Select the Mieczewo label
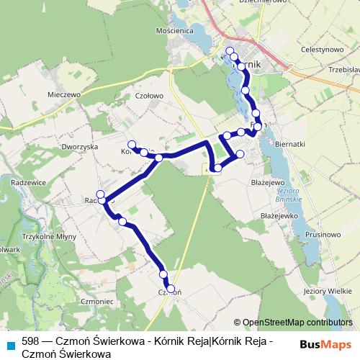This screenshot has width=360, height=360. (63, 94)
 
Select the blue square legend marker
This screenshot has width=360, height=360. (10, 343)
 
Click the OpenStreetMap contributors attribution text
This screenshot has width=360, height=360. (297, 323)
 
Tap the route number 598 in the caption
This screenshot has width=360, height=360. (30, 341)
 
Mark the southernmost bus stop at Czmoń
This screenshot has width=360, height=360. (171, 289)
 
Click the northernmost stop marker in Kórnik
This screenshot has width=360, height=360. (230, 50)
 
